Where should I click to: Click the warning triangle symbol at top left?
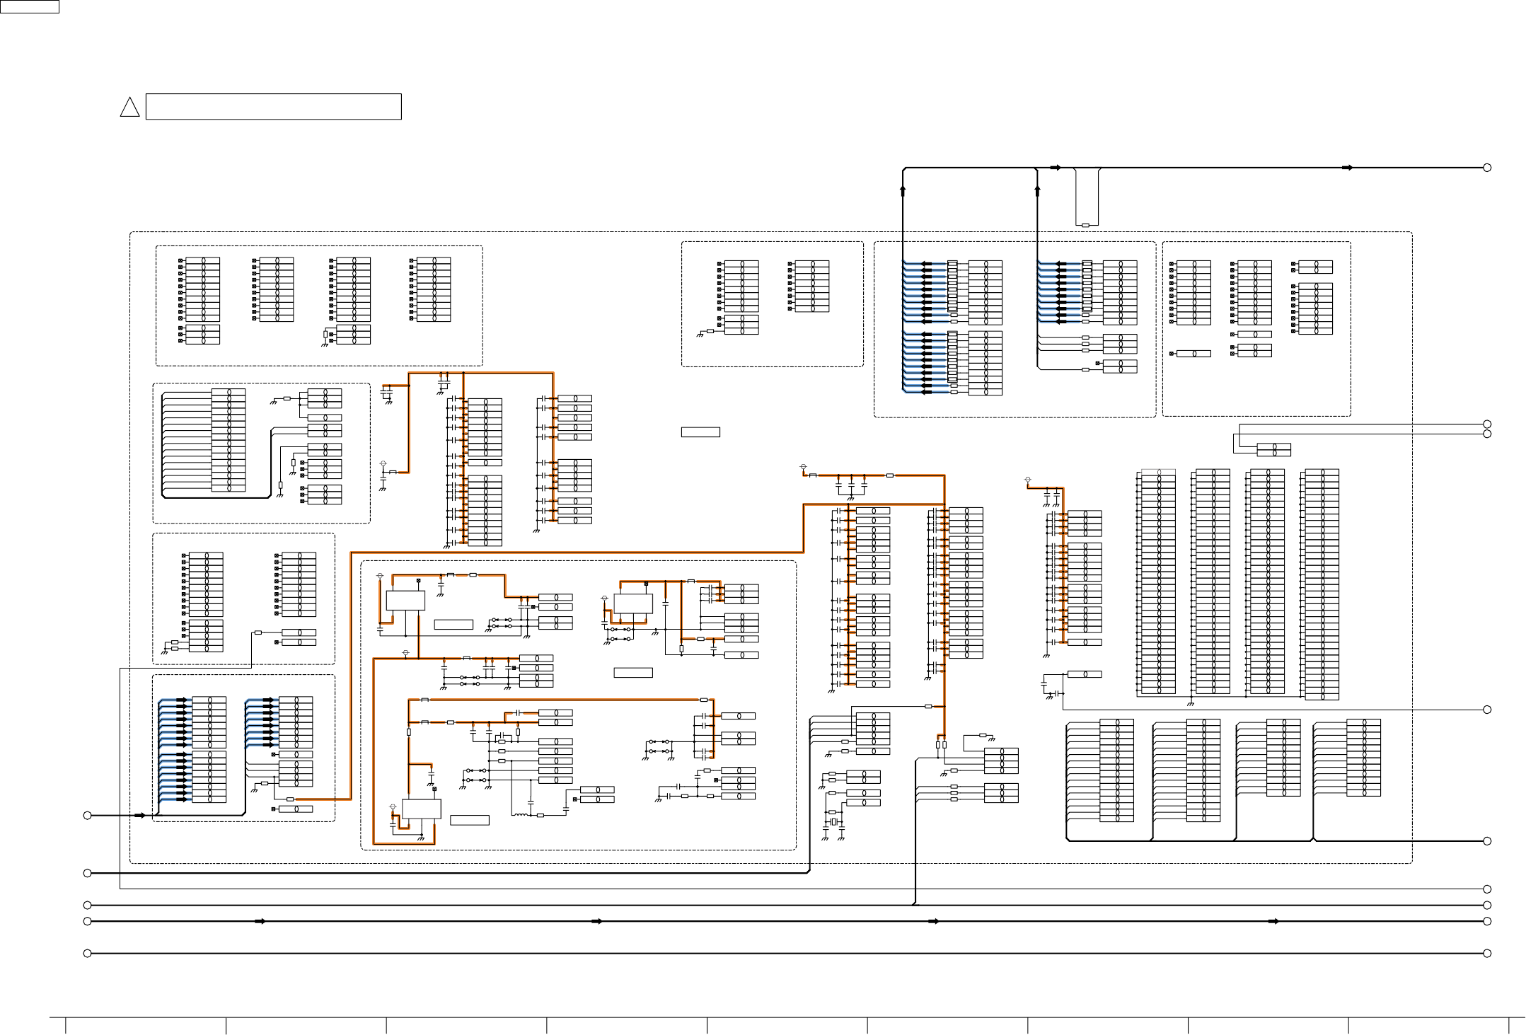coord(129,108)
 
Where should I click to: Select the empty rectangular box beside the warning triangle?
coord(273,107)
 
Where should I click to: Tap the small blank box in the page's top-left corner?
coord(29,6)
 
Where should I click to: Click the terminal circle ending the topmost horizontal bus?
coord(1487,168)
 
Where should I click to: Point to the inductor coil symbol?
coord(521,815)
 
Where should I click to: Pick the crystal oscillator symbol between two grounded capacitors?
coord(833,821)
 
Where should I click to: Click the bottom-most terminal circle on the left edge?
coord(88,954)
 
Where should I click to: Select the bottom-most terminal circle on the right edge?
coord(1487,954)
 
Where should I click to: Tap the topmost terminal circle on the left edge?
coord(88,816)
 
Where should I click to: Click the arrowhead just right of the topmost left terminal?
coord(140,816)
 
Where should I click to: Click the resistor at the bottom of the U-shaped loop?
coord(1085,226)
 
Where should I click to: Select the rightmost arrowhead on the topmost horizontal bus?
coord(1348,168)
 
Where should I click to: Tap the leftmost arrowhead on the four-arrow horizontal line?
coord(260,922)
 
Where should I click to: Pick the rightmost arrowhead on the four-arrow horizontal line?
coord(1273,922)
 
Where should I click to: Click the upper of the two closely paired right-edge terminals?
coord(1487,424)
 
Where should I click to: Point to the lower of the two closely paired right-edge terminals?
coord(1487,434)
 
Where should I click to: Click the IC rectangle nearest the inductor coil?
coord(421,809)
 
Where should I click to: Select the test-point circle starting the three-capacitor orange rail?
coord(803,467)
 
